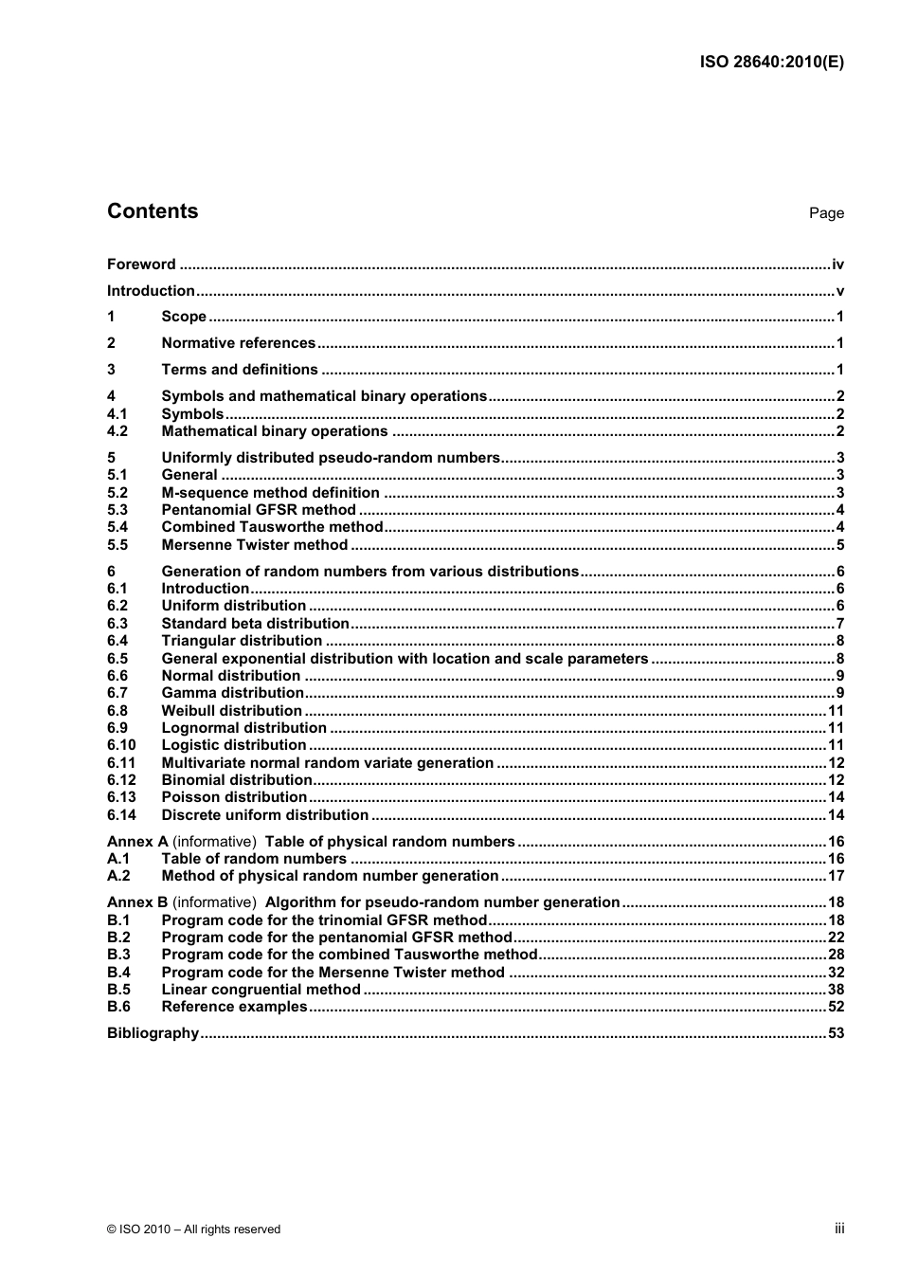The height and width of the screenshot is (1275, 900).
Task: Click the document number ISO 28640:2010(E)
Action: [771, 63]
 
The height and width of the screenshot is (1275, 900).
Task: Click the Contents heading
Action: [153, 211]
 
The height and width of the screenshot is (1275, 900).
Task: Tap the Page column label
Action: [826, 213]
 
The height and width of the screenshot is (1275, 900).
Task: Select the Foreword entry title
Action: [141, 264]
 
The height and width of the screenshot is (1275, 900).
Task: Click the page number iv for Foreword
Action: [837, 264]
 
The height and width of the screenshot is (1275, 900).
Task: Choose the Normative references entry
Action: [238, 343]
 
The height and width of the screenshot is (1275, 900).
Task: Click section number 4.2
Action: [117, 431]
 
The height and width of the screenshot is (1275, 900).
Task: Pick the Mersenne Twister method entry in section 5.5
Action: [254, 545]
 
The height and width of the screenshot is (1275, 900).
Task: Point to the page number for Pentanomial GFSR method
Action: [839, 510]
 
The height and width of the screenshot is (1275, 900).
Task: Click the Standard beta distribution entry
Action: [255, 624]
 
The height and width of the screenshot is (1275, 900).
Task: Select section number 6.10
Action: [121, 745]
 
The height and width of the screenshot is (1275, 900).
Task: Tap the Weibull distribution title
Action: [231, 711]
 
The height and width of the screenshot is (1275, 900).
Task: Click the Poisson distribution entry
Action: [234, 797]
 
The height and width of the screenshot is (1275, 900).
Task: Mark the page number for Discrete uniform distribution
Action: [836, 815]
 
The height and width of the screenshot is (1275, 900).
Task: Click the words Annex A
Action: [137, 842]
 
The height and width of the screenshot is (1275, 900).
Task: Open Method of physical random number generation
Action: [330, 876]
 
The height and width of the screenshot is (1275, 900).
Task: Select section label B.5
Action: [118, 990]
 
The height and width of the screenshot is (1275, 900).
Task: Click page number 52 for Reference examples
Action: [836, 1007]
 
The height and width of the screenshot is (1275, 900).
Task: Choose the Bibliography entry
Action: [153, 1033]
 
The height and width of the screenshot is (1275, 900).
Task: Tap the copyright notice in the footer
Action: [193, 1229]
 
